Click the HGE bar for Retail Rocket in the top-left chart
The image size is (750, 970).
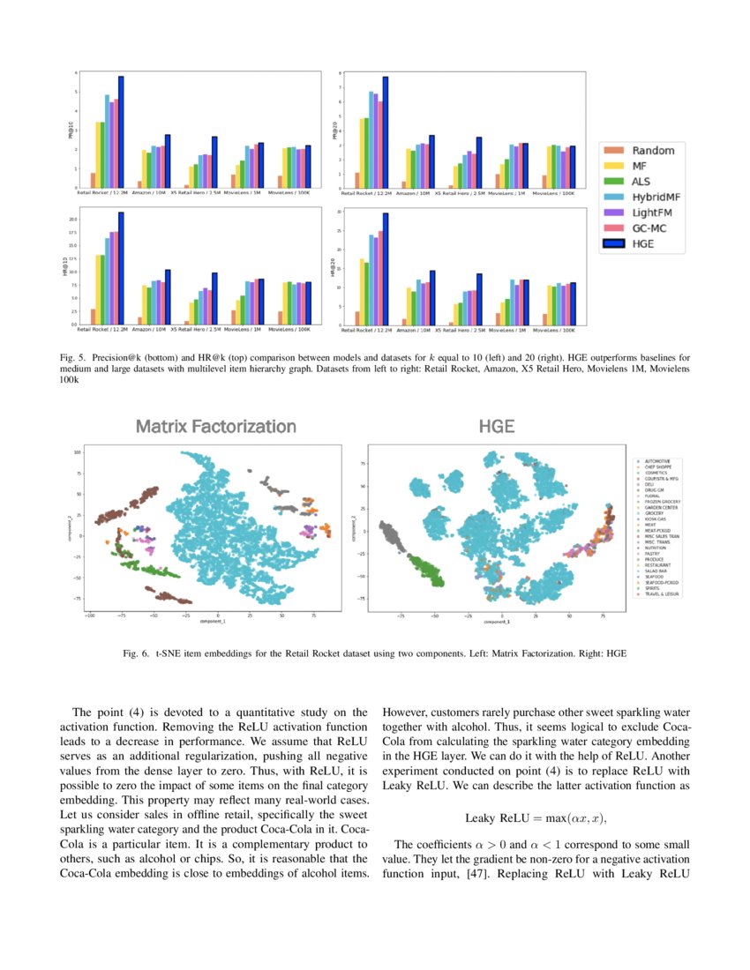[x=121, y=132]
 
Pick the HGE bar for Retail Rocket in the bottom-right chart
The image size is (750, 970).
[x=386, y=269]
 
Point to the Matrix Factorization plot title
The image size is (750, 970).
[x=215, y=427]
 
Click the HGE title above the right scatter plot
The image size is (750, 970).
[x=497, y=427]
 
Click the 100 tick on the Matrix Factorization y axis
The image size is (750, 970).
[x=77, y=451]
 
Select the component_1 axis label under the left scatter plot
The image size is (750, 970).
[x=212, y=621]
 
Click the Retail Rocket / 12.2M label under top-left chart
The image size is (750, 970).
[x=99, y=192]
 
